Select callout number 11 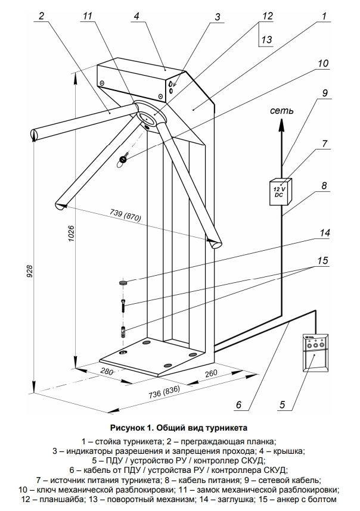(89, 16)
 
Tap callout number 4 (136, 16)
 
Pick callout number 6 (238, 405)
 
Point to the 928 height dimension (27, 271)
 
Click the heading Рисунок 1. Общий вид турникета (179, 428)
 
